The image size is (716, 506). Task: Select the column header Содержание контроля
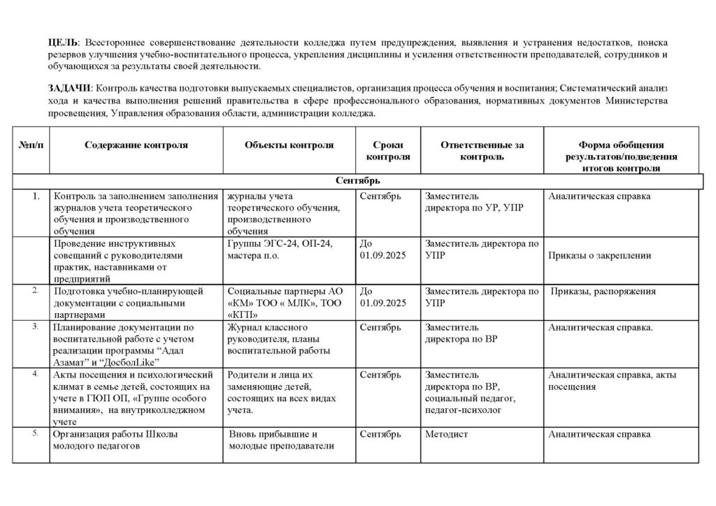(x=136, y=145)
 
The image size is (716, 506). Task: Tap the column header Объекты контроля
(x=289, y=145)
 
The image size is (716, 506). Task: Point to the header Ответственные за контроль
(x=482, y=151)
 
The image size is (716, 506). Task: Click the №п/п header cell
(x=31, y=145)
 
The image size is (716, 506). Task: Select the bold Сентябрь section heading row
(x=357, y=181)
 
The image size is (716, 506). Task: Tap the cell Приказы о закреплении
(x=599, y=256)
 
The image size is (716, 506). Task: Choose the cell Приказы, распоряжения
(x=603, y=291)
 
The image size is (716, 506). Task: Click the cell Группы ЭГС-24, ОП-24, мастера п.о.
(x=280, y=250)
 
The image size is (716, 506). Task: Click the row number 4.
(x=35, y=374)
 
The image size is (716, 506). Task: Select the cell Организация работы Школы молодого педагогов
(x=115, y=440)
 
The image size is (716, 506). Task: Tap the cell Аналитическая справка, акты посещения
(x=614, y=380)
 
